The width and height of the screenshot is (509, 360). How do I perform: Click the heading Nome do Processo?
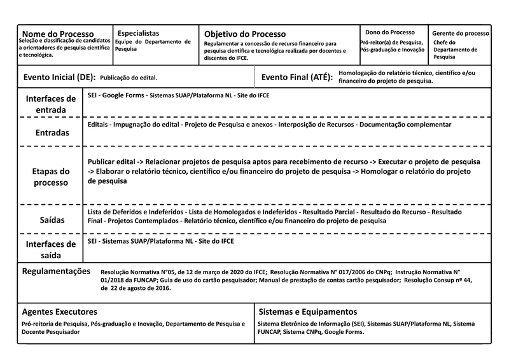pyautogui.click(x=58, y=34)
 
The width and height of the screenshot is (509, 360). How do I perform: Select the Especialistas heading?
pyautogui.click(x=138, y=32)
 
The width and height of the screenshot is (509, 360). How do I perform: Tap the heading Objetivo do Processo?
pyautogui.click(x=245, y=34)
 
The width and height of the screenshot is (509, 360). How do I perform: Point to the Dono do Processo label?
pyautogui.click(x=389, y=32)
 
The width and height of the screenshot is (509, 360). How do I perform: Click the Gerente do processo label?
pyautogui.click(x=461, y=33)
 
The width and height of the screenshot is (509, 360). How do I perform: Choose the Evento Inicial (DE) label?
pyautogui.click(x=59, y=77)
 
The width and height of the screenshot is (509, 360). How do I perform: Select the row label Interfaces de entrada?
pyautogui.click(x=51, y=105)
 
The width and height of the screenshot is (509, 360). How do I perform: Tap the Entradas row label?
pyautogui.click(x=51, y=133)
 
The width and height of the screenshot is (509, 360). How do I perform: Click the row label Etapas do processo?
pyautogui.click(x=51, y=177)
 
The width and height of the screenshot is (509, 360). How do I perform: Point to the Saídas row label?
pyautogui.click(x=51, y=219)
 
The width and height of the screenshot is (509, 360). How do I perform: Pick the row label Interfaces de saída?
pyautogui.click(x=51, y=249)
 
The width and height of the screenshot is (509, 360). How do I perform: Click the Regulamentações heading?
pyautogui.click(x=57, y=271)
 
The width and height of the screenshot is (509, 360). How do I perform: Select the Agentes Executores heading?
pyautogui.click(x=59, y=312)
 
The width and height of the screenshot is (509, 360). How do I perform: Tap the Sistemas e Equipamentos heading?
pyautogui.click(x=307, y=312)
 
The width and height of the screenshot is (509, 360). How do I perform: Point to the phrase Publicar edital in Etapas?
pyautogui.click(x=111, y=162)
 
